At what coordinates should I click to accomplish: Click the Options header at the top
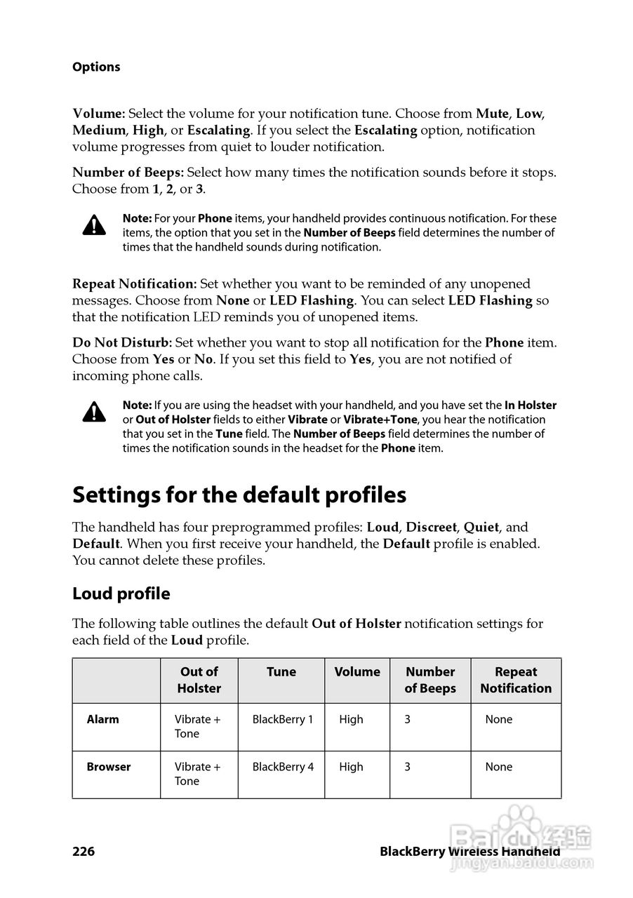96,67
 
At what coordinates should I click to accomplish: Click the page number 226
84,852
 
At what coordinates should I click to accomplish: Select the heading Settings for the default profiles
239,495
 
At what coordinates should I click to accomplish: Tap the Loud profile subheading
121,594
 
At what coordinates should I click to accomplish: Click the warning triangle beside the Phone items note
94,225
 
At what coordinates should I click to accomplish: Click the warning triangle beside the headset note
94,412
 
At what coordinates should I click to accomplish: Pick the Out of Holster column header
199,680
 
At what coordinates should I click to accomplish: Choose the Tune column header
281,672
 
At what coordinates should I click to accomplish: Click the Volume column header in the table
357,672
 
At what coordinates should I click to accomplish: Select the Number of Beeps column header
430,680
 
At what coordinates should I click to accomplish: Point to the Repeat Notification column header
516,680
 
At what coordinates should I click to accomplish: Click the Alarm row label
103,719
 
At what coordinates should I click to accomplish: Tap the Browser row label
109,767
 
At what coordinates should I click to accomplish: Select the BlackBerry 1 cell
283,719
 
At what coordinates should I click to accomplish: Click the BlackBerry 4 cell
283,767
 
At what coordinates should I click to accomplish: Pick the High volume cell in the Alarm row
352,719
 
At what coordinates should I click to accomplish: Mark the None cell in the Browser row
499,767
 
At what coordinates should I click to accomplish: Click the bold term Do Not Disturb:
122,343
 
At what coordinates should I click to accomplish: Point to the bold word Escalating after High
218,130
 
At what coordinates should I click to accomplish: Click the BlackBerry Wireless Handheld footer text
469,852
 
